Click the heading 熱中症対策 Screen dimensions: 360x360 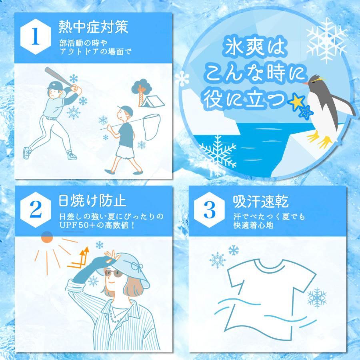click(x=94, y=27)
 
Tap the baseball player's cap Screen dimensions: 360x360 click(x=54, y=85)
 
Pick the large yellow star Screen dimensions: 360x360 click(x=297, y=103)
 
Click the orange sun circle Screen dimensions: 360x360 click(x=47, y=238)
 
